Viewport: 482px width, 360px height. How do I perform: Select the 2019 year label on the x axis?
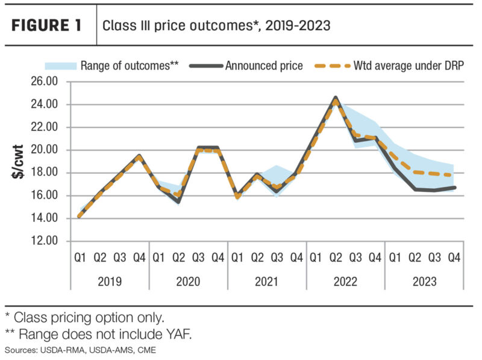[110, 282]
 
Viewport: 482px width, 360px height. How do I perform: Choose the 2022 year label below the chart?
[345, 282]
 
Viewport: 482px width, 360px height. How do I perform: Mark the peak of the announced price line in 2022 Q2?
[336, 98]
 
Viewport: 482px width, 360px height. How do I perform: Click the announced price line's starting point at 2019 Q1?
[81, 216]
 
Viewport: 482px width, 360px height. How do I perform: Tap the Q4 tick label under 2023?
[454, 258]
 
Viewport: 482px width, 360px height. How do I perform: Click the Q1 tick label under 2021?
[237, 258]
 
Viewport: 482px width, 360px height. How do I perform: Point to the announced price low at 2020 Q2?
[178, 202]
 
